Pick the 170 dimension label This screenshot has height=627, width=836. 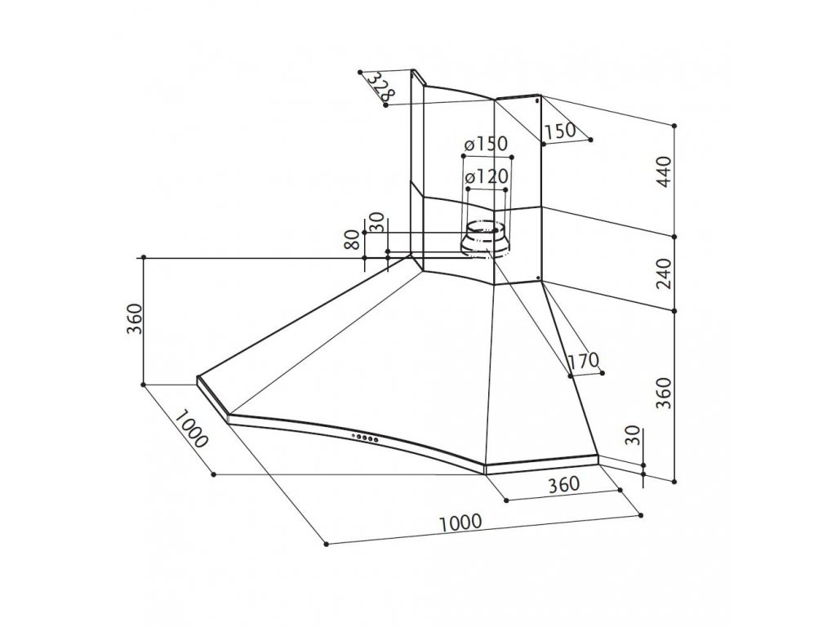pyautogui.click(x=585, y=360)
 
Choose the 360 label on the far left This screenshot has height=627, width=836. pyautogui.click(x=136, y=319)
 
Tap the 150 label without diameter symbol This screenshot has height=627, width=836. pyautogui.click(x=560, y=131)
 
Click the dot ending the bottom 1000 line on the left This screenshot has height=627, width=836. pyautogui.click(x=325, y=543)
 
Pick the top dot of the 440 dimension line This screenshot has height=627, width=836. pyautogui.click(x=675, y=125)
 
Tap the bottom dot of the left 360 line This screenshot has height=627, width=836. pyautogui.click(x=144, y=384)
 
